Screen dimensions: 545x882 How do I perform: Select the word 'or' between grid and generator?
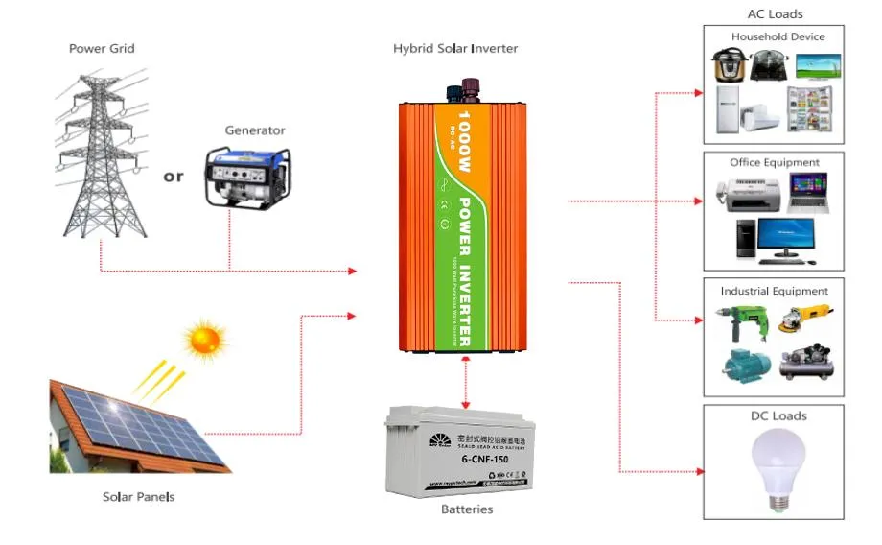(174, 177)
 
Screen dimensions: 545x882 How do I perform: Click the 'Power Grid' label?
(102, 48)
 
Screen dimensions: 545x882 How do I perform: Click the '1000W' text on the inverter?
(465, 140)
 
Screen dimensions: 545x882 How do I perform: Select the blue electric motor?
(740, 366)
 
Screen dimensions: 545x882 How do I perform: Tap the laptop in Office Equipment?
(808, 193)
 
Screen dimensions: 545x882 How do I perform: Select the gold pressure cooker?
(729, 65)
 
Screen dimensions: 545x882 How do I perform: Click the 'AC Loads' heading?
(775, 14)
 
